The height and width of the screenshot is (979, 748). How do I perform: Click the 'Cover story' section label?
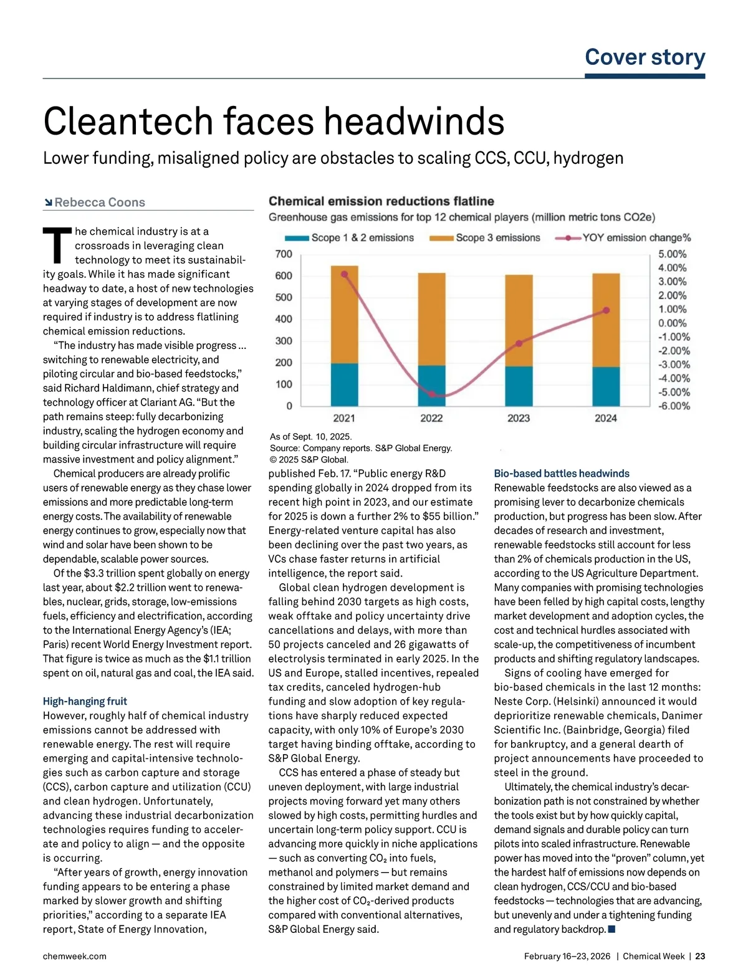pyautogui.click(x=645, y=57)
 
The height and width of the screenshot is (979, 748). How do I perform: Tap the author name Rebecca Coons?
pyautogui.click(x=100, y=203)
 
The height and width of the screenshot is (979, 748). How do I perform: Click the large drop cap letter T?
pyautogui.click(x=57, y=246)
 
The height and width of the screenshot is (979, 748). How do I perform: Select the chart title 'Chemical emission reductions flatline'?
pyautogui.click(x=381, y=201)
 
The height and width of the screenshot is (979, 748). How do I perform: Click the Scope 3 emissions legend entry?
pyautogui.click(x=486, y=237)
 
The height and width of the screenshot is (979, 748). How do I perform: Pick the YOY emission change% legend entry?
pyautogui.click(x=623, y=237)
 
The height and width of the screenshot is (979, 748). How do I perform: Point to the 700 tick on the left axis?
pyautogui.click(x=284, y=254)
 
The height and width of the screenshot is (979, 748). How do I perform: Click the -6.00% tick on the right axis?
pyautogui.click(x=674, y=406)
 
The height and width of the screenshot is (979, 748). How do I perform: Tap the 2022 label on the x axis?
pyautogui.click(x=431, y=418)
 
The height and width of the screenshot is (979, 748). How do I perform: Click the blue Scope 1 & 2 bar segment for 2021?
pyautogui.click(x=344, y=384)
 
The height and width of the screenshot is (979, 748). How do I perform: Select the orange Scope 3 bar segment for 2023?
pyautogui.click(x=519, y=320)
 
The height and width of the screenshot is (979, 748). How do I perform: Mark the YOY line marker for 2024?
pyautogui.click(x=606, y=310)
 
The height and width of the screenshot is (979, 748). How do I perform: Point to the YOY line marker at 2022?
pyautogui.click(x=431, y=394)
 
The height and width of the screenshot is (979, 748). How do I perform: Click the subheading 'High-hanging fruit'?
pyautogui.click(x=85, y=701)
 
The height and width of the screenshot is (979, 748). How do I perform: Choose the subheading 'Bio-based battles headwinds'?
pyautogui.click(x=562, y=474)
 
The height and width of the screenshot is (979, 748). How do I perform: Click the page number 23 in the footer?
pyautogui.click(x=700, y=956)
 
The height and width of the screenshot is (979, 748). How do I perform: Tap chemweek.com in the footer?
pyautogui.click(x=75, y=956)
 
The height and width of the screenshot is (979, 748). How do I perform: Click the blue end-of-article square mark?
pyautogui.click(x=611, y=929)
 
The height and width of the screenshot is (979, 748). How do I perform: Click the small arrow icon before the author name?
pyautogui.click(x=48, y=203)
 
